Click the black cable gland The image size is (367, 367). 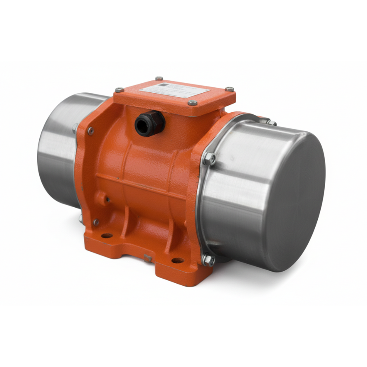point(149,123)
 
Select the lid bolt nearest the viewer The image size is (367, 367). point(193,103)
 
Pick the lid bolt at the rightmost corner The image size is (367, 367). point(229,89)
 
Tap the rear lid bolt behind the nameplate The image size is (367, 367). point(159,79)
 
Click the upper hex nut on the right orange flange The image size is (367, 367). point(209,158)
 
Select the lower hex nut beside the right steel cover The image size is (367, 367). point(209,260)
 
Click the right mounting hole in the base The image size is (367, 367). point(177,261)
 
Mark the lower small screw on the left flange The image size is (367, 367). point(96,222)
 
